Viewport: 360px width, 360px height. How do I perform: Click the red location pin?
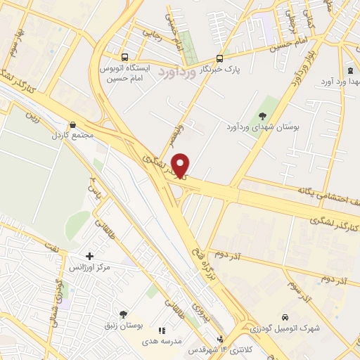(x=182, y=165)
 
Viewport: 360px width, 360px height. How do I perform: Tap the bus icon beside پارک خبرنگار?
(x=219, y=59)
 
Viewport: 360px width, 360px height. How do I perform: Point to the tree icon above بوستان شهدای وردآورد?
(x=263, y=116)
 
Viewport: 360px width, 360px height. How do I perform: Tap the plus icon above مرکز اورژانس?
(x=89, y=257)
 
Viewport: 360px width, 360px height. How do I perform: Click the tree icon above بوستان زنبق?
(x=124, y=315)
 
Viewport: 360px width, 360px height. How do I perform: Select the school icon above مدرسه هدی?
(x=162, y=330)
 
